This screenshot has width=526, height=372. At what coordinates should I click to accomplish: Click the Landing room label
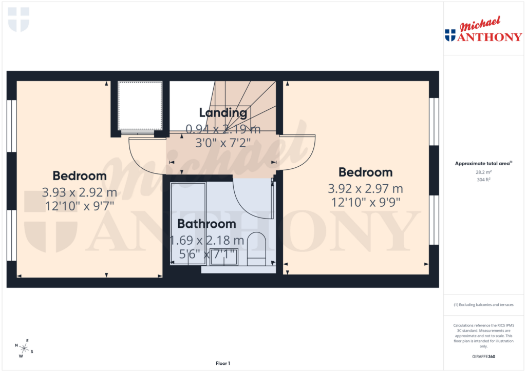(x=223, y=112)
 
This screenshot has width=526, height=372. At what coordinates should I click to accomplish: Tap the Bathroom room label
(x=206, y=224)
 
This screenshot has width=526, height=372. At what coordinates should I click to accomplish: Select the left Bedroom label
(x=80, y=176)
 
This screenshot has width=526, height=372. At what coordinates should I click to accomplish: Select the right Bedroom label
(x=365, y=172)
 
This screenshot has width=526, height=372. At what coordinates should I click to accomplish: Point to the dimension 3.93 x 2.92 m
(x=80, y=193)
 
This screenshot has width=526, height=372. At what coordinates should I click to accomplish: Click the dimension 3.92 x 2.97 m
(x=365, y=189)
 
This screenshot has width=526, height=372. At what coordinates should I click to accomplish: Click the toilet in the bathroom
(x=256, y=249)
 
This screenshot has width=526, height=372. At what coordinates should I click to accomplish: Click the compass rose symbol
(x=24, y=348)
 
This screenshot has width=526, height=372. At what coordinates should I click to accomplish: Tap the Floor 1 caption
(x=222, y=363)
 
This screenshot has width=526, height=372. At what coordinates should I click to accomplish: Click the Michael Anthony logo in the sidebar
(x=483, y=31)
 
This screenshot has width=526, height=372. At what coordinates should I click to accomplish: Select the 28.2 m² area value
(x=483, y=172)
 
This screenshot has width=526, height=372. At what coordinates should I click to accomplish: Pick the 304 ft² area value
(x=483, y=180)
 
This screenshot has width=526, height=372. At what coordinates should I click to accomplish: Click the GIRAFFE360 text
(x=483, y=357)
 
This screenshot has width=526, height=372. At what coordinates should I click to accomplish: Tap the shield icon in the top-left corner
(x=19, y=19)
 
